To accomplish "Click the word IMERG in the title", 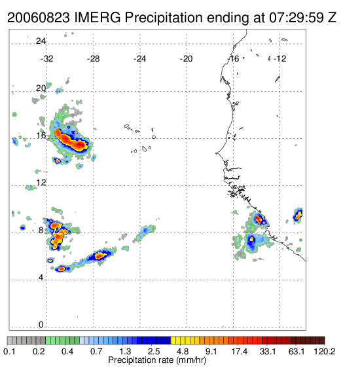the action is click(x=98, y=18).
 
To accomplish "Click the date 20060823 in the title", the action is click(x=39, y=18).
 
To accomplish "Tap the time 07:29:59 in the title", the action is click(x=297, y=18).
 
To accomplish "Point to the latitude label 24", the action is click(x=41, y=41).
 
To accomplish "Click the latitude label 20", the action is click(x=41, y=88).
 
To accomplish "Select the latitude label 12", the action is click(x=41, y=183).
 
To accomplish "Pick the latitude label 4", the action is click(x=41, y=278).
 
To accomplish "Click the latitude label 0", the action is click(x=41, y=325).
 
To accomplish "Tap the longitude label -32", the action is click(x=46, y=59).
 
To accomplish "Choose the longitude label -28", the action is click(x=93, y=59).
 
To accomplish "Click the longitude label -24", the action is click(x=139, y=59).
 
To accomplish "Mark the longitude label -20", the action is click(x=186, y=59).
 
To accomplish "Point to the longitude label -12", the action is click(x=279, y=59).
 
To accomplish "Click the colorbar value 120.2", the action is click(x=325, y=351).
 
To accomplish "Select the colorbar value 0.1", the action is click(x=9, y=351).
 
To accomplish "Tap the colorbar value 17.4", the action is click(x=240, y=351).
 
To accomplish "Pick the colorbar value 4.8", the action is click(x=183, y=351).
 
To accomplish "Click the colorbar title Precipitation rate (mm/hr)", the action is click(x=157, y=360).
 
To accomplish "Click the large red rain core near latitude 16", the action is click(x=70, y=140).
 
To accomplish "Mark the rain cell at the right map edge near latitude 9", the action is click(x=298, y=215).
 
